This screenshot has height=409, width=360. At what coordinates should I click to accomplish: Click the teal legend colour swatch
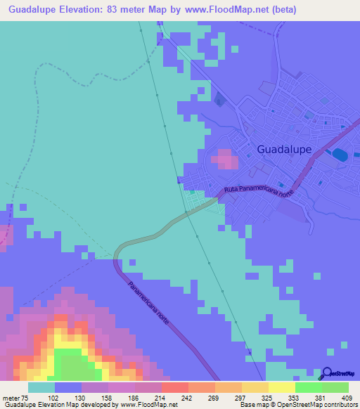point(41,387)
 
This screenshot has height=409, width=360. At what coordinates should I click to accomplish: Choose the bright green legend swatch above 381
point(309,387)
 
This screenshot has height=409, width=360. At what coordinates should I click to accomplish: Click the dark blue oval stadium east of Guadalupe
point(340,154)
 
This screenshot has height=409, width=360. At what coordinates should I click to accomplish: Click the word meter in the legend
point(12,397)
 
